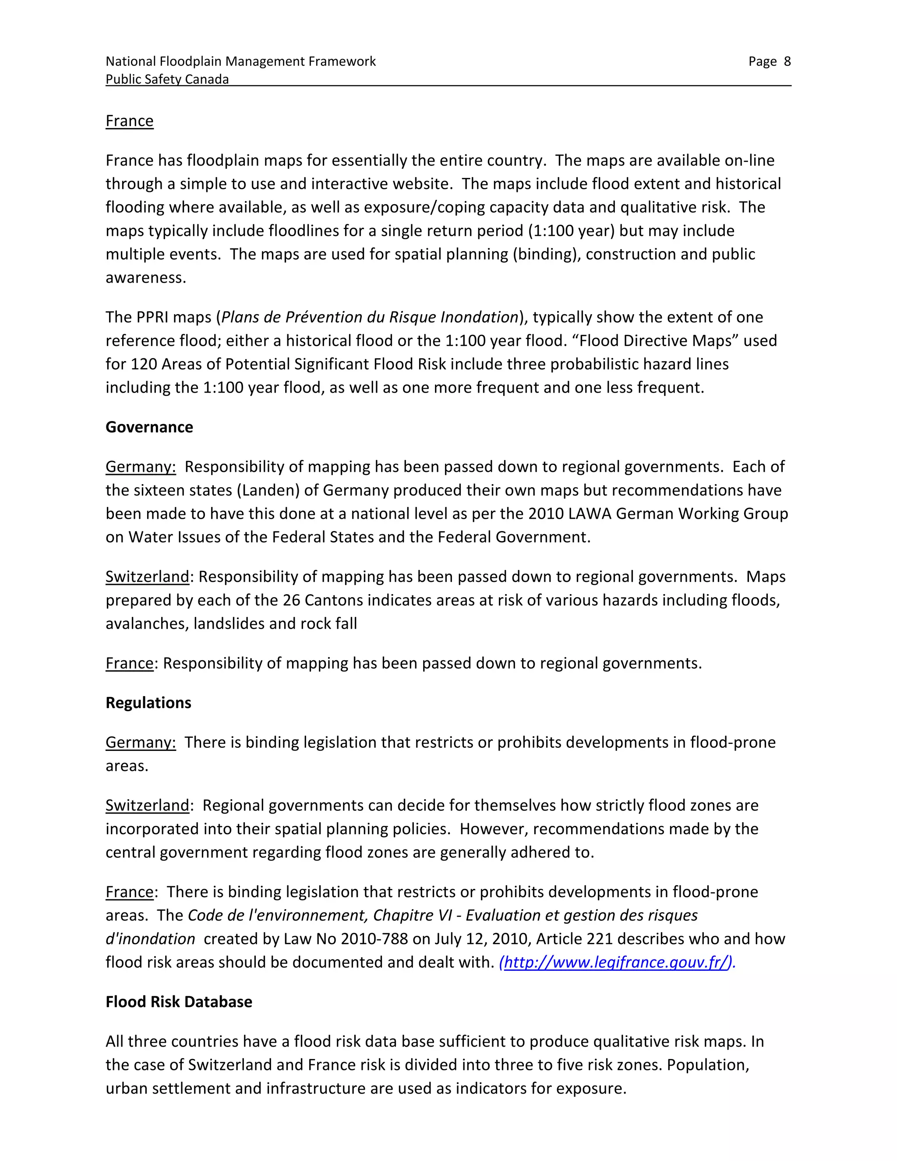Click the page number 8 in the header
(787, 62)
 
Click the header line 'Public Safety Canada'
(167, 79)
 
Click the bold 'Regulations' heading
(148, 703)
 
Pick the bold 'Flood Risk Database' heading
(179, 1002)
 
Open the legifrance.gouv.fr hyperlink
(616, 962)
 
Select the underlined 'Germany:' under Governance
(140, 467)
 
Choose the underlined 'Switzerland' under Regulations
(147, 805)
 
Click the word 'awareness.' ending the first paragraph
(145, 277)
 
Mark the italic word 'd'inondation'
(150, 939)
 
